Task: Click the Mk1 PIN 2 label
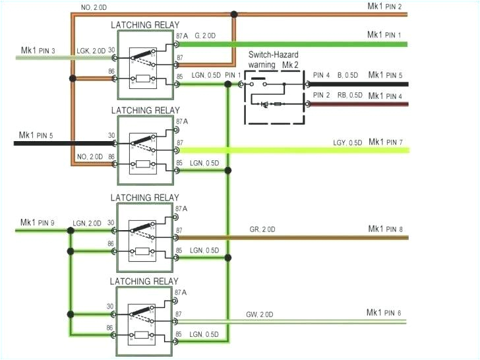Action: pos(384,6)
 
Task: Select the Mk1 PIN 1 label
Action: pos(384,34)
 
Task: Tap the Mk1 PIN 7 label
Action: pos(385,142)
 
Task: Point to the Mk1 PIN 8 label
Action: pos(385,229)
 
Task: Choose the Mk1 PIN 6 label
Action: pos(384,313)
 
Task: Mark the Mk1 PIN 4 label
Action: pos(385,96)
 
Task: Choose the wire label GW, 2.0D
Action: pos(260,315)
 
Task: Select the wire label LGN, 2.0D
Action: pos(87,224)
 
